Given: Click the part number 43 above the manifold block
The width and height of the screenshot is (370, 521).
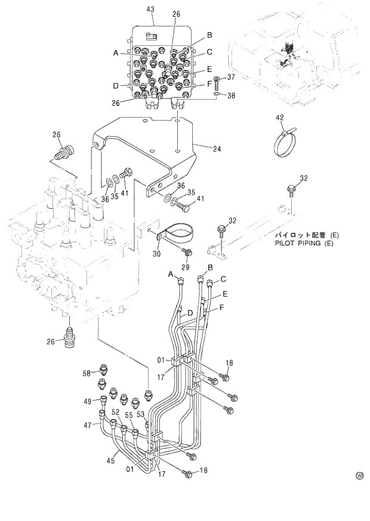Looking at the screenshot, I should (x=150, y=10).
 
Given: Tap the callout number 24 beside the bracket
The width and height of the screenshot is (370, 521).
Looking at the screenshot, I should (x=217, y=149).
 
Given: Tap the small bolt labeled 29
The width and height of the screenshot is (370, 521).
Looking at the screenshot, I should (x=187, y=252).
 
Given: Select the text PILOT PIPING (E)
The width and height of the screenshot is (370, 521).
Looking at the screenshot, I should (x=304, y=243).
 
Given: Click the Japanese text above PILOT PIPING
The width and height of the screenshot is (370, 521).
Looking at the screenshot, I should (x=304, y=235).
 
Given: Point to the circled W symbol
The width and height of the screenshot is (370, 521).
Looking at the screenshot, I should (x=359, y=476).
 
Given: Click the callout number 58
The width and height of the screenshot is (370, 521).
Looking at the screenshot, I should (x=87, y=373).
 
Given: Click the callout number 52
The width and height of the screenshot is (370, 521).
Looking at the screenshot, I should (x=115, y=412).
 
